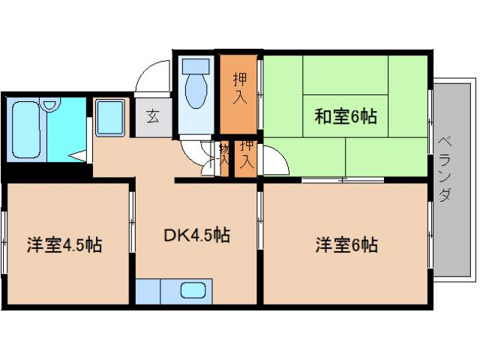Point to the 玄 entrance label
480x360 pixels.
click(x=153, y=116)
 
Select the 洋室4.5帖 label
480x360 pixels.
click(x=64, y=244)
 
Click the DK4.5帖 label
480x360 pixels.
click(x=196, y=235)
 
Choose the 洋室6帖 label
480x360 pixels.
click(x=346, y=244)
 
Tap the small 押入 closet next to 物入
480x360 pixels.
click(x=246, y=157)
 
